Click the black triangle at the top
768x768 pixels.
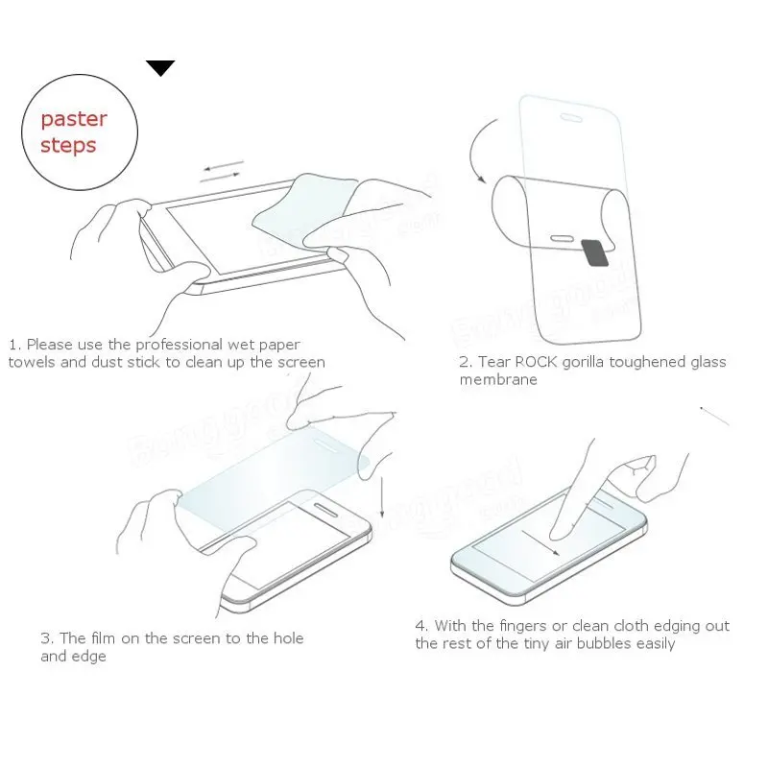pyautogui.click(x=160, y=67)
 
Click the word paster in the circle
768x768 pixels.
pyautogui.click(x=74, y=119)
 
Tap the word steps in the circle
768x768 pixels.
pyautogui.click(x=68, y=145)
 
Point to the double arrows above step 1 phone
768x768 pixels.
pyautogui.click(x=223, y=172)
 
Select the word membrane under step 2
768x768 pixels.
pyautogui.click(x=498, y=379)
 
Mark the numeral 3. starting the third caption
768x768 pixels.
pyautogui.click(x=46, y=638)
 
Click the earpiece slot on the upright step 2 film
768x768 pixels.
pyautogui.click(x=570, y=119)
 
